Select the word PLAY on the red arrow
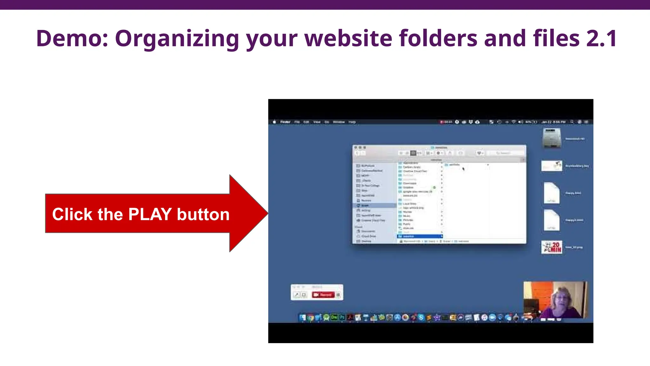[x=150, y=214]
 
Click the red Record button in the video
[x=323, y=295]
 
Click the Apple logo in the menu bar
[x=274, y=122]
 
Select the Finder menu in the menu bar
[x=285, y=122]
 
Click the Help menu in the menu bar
[x=352, y=122]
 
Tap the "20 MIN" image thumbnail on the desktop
[x=552, y=247]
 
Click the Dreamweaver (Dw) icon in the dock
[x=334, y=317]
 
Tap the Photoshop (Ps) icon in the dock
[x=342, y=317]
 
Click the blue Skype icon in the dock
[x=421, y=317]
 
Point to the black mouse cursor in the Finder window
[x=463, y=169]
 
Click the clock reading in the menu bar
[x=554, y=122]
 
